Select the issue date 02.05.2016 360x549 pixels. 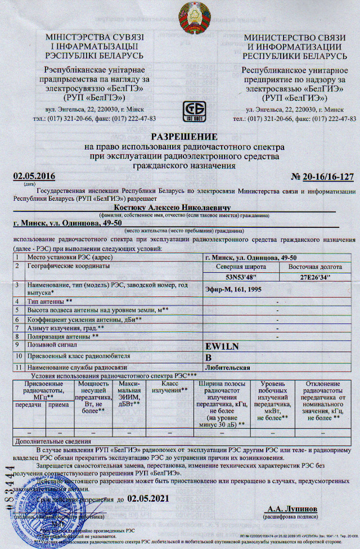[34, 177]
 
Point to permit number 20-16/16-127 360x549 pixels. [322, 177]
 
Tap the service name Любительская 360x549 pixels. [228, 367]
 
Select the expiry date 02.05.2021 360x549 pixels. [148, 498]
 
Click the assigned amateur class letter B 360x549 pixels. [209, 357]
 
